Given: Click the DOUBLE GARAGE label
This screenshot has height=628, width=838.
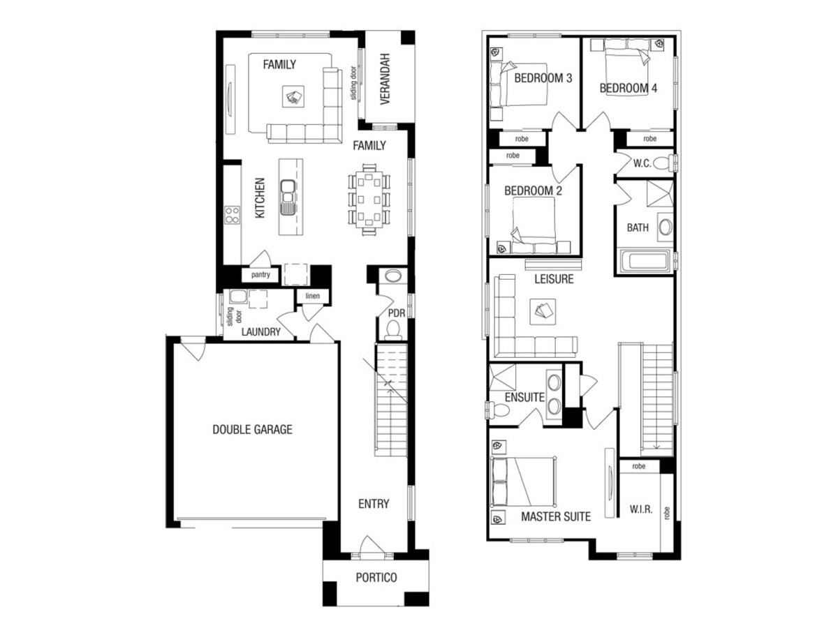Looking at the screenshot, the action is point(252,429).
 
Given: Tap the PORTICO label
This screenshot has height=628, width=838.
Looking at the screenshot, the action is point(376,577).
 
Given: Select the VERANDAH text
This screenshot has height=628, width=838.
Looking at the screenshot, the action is point(385,79).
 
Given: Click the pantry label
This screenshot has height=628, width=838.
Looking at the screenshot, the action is point(260,274).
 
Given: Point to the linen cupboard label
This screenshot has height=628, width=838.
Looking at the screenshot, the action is point(312,296).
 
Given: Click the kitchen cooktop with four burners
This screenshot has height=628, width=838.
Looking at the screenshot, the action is point(232,215).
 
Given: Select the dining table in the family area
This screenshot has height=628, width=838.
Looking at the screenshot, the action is point(369,200).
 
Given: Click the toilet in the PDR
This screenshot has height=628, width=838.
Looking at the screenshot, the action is point(393,330).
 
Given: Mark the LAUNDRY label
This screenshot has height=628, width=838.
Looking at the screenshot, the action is point(260,331).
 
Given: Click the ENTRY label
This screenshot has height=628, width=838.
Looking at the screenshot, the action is point(374,504).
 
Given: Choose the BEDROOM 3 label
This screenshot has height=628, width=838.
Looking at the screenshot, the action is point(543,78).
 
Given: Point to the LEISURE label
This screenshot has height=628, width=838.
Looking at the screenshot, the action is point(554,279).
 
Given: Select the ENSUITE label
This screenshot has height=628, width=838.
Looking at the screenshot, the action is point(524,397).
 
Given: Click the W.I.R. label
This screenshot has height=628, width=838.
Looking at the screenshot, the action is point(640,509).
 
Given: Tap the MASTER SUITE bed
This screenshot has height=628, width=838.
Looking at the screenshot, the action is point(522,482).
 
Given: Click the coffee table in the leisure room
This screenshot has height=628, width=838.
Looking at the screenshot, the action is point(543,311).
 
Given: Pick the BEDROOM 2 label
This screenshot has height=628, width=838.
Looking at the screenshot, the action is point(533,190).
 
